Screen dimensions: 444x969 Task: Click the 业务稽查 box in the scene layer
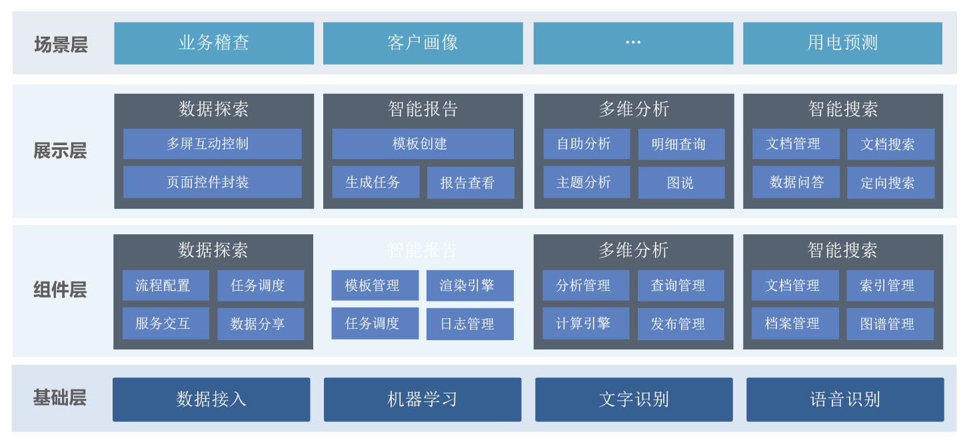(x=214, y=43)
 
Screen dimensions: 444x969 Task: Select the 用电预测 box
(x=842, y=43)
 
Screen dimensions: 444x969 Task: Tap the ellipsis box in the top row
(x=633, y=43)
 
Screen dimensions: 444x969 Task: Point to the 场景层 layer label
(x=61, y=45)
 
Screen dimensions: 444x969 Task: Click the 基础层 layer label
(x=60, y=398)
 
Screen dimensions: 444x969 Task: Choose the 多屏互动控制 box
(x=212, y=144)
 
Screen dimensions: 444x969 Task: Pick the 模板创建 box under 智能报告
(x=423, y=144)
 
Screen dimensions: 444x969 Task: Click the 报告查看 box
(x=470, y=182)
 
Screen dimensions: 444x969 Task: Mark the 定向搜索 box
(x=890, y=182)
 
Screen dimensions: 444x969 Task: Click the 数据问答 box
(x=796, y=182)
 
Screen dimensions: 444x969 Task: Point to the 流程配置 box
(x=165, y=286)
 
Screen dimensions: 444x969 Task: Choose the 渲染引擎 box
(x=470, y=286)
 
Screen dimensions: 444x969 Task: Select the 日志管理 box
(x=470, y=324)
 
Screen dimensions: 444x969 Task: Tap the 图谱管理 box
(x=890, y=324)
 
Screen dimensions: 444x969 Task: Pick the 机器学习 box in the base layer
(x=423, y=399)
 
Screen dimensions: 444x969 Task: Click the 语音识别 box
(x=845, y=399)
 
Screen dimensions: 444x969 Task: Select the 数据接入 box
(x=211, y=399)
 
